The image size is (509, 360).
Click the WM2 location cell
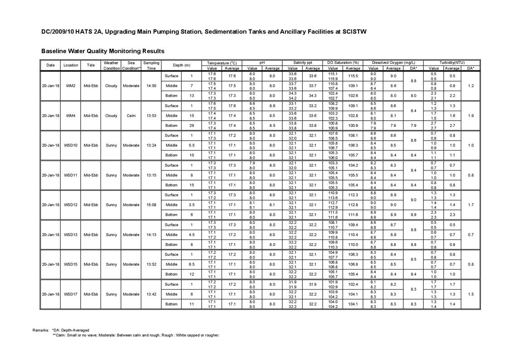71,86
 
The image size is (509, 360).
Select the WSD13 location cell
71,235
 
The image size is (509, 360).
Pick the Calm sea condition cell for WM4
131,116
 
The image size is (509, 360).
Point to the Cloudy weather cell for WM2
111,86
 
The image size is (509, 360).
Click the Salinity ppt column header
302,63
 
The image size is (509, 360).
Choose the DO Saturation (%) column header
343,63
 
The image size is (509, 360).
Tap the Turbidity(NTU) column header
452,63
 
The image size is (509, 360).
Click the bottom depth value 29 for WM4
192,126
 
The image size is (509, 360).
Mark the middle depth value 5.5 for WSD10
192,146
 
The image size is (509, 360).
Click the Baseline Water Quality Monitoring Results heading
102,51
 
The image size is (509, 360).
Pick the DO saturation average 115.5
353,76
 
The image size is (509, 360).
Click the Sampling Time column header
151,65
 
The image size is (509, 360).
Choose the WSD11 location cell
71,175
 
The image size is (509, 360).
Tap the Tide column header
91,65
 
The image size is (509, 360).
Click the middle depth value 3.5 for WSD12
192,205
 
